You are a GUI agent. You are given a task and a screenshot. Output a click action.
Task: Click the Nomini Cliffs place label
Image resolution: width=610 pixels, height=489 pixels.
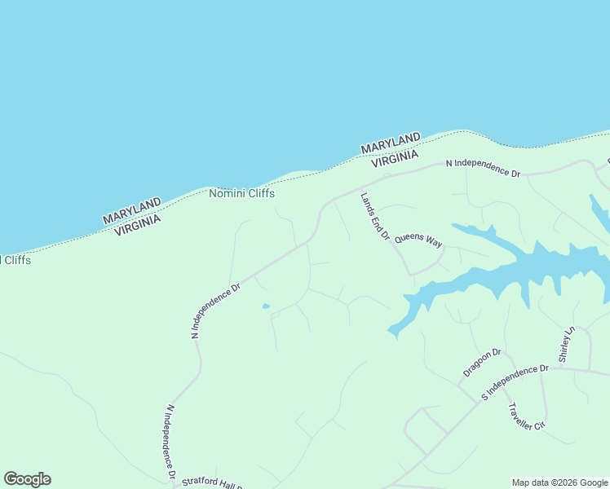[241, 194]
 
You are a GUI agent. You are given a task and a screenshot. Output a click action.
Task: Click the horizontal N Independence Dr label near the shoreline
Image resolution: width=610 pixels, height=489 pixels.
[483, 168]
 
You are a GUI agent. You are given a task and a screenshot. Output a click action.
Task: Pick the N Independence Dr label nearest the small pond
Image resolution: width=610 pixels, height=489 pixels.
[215, 311]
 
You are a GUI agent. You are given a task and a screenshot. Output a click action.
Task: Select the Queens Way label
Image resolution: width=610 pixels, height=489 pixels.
[418, 240]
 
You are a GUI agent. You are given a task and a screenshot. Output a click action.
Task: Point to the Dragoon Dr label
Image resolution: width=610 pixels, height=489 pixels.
[481, 363]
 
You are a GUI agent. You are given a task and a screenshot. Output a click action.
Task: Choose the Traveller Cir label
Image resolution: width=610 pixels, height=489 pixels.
[525, 416]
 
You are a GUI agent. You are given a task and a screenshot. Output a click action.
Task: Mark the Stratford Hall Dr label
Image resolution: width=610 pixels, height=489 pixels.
[213, 482]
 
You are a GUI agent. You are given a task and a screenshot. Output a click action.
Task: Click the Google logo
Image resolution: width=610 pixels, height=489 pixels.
[27, 479]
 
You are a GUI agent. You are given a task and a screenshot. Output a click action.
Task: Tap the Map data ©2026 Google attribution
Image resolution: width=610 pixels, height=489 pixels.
[559, 482]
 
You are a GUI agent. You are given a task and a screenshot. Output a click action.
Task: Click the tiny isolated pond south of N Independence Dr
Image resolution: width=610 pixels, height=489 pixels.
[266, 306]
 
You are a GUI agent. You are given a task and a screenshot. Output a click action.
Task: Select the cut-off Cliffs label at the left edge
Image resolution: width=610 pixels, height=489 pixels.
[15, 260]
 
